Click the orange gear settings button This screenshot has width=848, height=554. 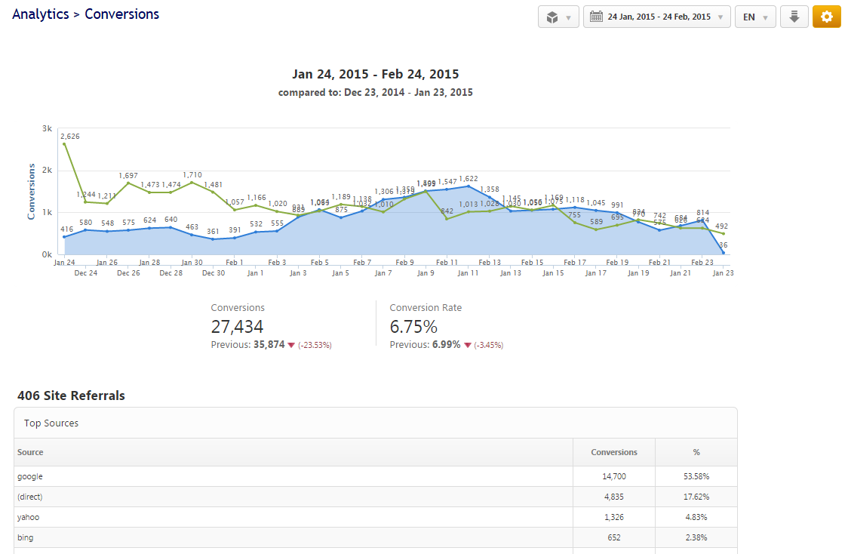[826, 17]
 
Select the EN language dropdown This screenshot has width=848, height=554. [755, 17]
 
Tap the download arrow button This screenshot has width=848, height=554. [794, 17]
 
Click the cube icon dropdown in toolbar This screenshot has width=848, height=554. [558, 17]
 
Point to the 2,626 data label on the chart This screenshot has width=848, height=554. [70, 137]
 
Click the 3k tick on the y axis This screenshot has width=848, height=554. [47, 128]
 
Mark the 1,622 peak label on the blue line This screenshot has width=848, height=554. [468, 179]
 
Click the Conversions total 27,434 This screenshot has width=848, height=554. [237, 326]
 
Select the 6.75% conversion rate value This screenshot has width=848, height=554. [413, 326]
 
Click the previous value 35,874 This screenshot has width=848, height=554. [269, 345]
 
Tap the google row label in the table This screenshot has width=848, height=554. [30, 476]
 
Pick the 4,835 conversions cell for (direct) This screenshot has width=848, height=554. [614, 497]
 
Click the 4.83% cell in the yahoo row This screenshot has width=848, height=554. [696, 517]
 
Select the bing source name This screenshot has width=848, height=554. [26, 537]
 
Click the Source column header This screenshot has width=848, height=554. [30, 452]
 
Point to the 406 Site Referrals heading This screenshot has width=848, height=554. [71, 395]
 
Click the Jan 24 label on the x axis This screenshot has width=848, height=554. [64, 263]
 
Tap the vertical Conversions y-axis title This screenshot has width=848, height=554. [32, 191]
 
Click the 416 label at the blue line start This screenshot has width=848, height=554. [67, 229]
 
